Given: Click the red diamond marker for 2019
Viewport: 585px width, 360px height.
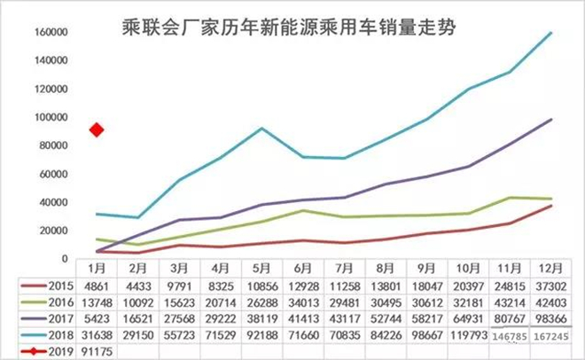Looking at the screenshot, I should point(97,130).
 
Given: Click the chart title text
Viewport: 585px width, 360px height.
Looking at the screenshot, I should point(293,27).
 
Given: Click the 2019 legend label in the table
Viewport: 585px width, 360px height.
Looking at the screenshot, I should point(56,351).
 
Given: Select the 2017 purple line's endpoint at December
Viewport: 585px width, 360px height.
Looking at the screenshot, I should point(551,119).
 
